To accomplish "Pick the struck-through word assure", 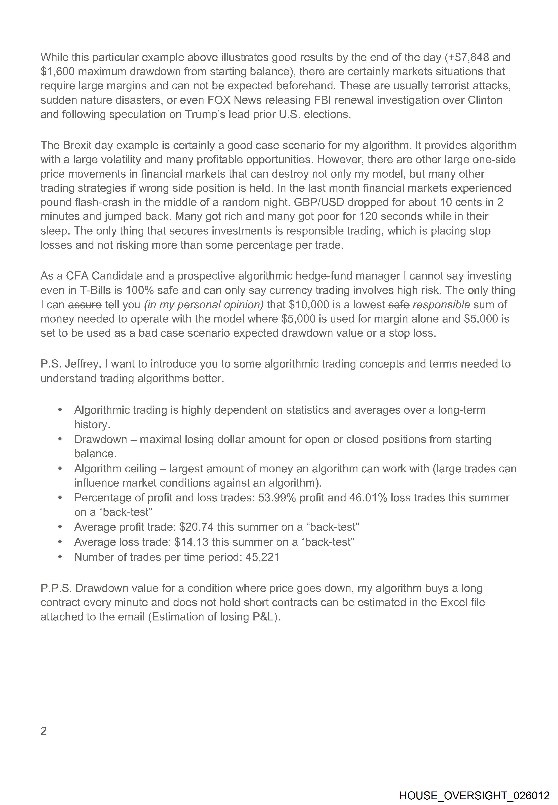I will [x=85, y=304].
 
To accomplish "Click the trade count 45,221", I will [x=262, y=557].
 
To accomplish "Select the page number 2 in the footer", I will [x=44, y=731].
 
